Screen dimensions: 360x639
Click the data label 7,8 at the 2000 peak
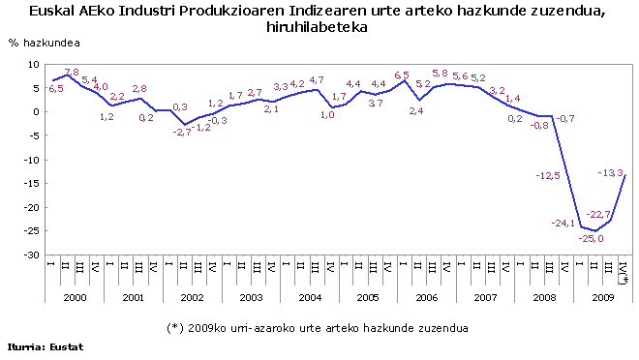tap(71, 73)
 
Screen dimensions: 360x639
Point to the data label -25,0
tap(592, 238)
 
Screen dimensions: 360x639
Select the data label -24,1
tap(564, 223)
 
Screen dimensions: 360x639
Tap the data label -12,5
tap(548, 175)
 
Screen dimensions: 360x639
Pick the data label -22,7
tap(599, 214)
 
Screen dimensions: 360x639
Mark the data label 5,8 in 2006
tap(440, 74)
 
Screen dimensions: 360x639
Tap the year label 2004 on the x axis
tap(311, 298)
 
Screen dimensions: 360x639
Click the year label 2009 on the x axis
tap(603, 298)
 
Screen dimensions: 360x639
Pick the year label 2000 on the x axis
tap(76, 298)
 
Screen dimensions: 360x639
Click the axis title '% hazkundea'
tap(45, 45)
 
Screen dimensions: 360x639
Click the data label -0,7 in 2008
tap(566, 118)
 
